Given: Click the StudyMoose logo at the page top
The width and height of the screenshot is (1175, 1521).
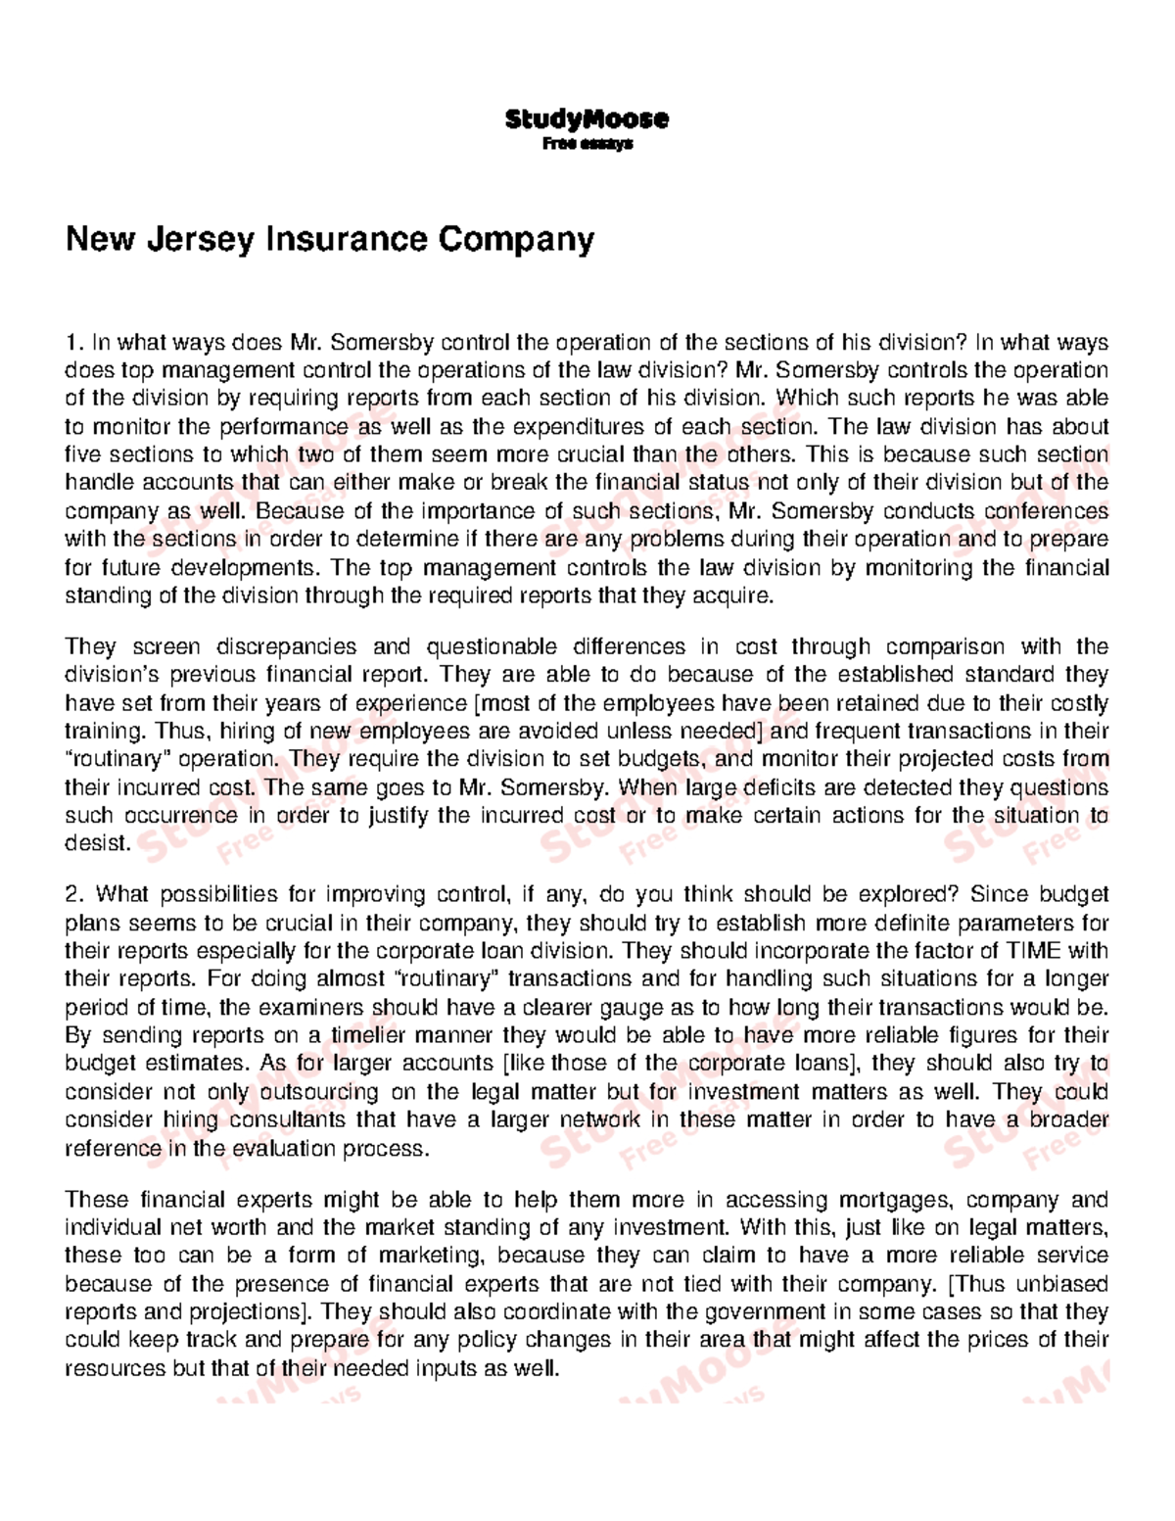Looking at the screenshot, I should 587,119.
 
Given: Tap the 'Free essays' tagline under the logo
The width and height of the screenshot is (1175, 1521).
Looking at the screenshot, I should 587,144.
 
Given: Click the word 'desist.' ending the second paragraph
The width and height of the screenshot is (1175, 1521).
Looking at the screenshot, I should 97,843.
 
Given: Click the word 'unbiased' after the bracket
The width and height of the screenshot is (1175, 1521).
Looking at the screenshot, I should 1063,1284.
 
